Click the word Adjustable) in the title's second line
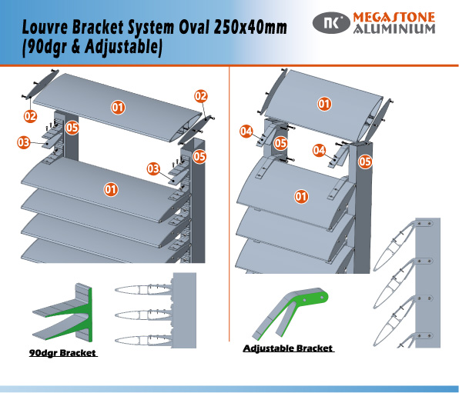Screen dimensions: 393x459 coord(122,48)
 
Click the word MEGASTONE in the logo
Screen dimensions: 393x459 coord(393,17)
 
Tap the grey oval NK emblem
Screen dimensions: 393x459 coord(330,22)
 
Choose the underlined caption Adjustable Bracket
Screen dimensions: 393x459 coord(288,348)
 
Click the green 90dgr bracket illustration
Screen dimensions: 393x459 coord(73,311)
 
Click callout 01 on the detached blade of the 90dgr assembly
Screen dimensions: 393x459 coord(119,107)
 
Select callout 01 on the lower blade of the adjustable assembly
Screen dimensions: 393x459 coord(302,196)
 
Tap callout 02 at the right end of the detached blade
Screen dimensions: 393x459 coord(200,96)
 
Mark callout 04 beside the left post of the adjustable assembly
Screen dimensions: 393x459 coord(246,132)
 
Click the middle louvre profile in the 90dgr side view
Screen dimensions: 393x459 coord(142,314)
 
